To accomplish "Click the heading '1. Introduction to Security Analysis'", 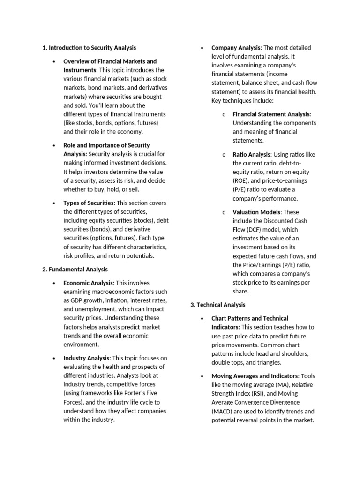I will click(x=89, y=48).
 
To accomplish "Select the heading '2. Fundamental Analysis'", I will click(x=75, y=270).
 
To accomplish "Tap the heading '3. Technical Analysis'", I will click(x=217, y=305).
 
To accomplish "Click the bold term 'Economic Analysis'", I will click(x=88, y=283).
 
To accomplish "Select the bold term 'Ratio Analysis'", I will click(x=252, y=154).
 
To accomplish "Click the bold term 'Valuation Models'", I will click(x=256, y=212).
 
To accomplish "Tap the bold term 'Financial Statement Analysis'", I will click(x=271, y=114).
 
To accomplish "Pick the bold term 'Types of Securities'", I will click(x=89, y=203).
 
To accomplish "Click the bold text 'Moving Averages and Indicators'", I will click(x=255, y=376).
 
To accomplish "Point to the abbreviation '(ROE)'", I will click(x=241, y=180).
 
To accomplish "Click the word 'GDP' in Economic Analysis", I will click(x=76, y=300).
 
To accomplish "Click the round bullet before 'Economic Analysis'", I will click(x=54, y=283).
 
